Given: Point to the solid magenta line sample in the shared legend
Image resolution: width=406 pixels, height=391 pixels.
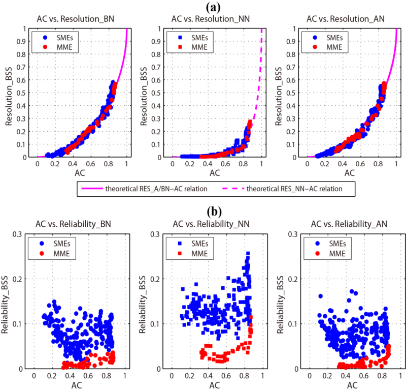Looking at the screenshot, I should coord(92,189).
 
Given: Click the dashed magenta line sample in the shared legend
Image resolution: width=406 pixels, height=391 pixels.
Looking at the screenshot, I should coord(233,189).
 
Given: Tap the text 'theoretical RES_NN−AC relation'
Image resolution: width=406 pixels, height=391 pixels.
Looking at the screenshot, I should coord(294,189).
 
